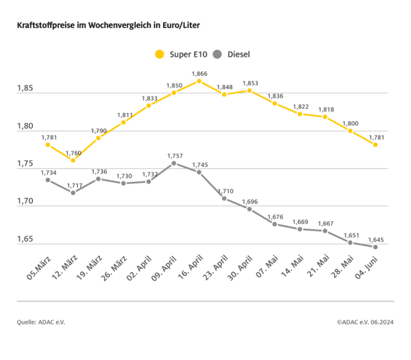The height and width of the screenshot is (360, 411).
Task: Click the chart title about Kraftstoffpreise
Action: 108,25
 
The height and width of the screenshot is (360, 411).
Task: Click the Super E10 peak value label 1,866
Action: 199,73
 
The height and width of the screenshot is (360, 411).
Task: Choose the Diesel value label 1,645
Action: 375,239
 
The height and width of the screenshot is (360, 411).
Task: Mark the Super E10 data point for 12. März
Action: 73,160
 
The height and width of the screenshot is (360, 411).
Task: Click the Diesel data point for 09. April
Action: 174,163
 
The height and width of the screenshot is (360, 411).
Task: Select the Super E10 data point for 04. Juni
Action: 375,145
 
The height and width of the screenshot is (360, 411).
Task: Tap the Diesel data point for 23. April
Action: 224,198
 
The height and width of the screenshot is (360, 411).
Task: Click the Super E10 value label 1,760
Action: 73,152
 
